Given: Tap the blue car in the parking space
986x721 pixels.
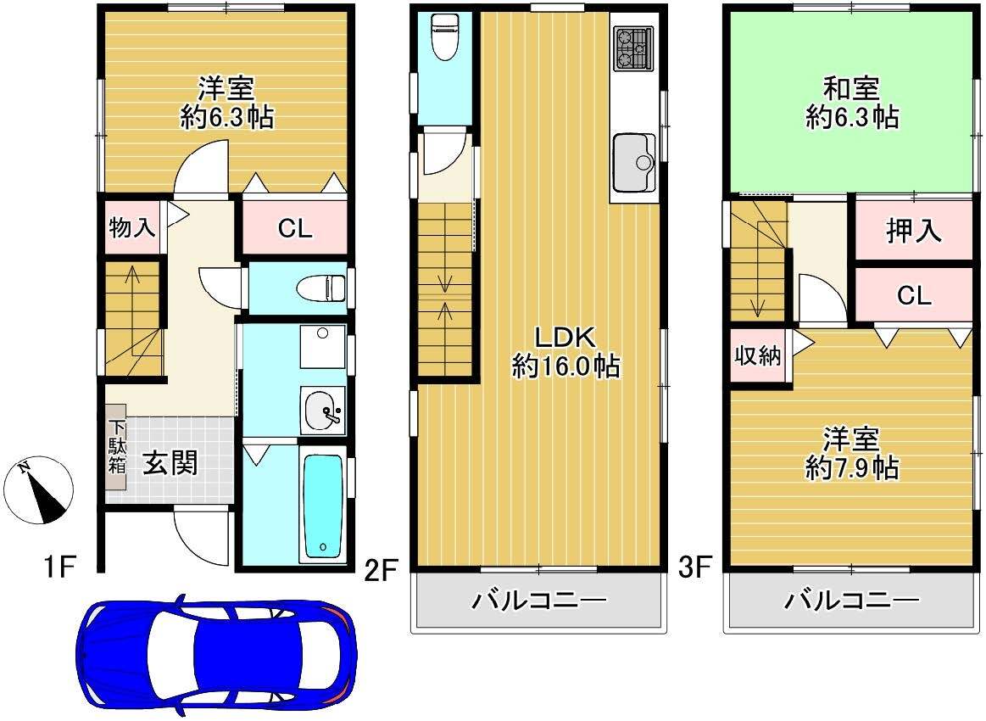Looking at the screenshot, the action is pos(217,654).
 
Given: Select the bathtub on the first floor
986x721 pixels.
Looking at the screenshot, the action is pos(322,507).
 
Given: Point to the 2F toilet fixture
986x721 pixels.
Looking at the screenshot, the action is pos(445,36).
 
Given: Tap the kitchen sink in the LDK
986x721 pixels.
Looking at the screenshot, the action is pos(634,162).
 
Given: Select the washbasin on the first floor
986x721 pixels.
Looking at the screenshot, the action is pos(322,411).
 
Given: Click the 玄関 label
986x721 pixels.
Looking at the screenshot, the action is pos(170,463).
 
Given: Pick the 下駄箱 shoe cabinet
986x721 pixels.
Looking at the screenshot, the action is pos(116,447).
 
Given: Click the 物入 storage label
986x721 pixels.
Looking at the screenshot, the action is pos(132,227).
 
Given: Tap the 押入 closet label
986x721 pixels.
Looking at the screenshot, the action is pos(914,230).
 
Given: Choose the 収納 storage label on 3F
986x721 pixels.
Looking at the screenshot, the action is pos(758,355).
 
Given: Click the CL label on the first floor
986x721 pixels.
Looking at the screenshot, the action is pos(295,228).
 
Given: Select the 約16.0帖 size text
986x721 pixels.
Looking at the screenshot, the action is pos(566,366).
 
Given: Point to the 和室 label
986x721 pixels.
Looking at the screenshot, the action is pos(851,89).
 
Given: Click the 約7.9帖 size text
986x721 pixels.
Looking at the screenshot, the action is pos(852,468).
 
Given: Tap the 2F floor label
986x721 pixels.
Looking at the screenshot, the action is pos(382,571).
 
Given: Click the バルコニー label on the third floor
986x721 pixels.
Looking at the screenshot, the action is pos(852,601).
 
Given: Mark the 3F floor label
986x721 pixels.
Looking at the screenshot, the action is pos(694,568).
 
